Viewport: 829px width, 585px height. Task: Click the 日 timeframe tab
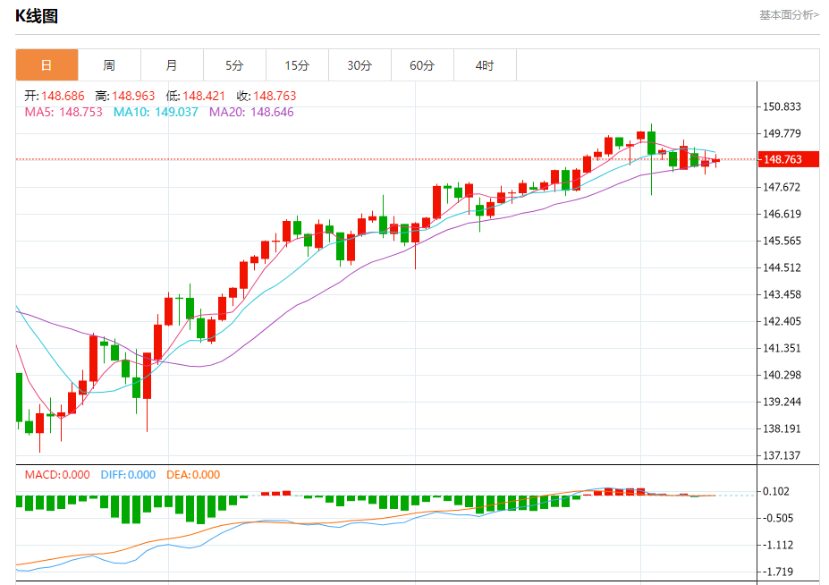(47, 65)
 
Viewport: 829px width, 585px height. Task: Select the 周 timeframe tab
(109, 65)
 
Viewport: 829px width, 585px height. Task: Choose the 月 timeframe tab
(172, 65)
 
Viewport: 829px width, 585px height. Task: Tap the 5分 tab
(234, 65)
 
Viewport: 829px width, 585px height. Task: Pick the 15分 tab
(297, 65)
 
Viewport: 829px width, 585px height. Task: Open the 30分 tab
(360, 65)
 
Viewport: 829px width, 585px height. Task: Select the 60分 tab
(422, 65)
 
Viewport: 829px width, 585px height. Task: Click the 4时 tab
(484, 65)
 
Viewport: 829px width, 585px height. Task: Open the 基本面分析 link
(789, 14)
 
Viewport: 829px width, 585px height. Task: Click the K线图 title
(37, 15)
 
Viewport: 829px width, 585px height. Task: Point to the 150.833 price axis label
(782, 106)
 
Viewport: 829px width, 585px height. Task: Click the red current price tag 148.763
(782, 159)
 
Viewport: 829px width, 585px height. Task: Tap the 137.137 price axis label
(782, 455)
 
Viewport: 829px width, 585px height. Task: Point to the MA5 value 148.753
(80, 112)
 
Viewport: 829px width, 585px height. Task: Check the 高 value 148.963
(133, 96)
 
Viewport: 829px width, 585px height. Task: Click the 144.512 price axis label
(782, 267)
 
